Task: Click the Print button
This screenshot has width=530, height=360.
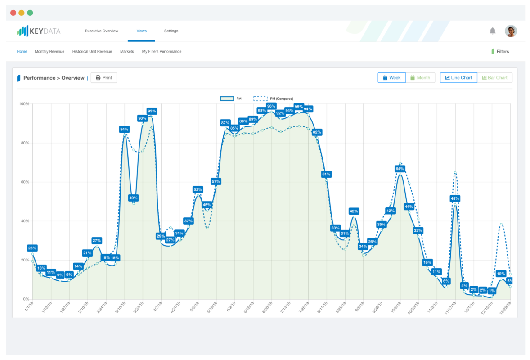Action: [x=104, y=78]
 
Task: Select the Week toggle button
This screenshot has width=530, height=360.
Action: [x=391, y=78]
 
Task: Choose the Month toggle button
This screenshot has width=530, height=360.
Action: [x=420, y=78]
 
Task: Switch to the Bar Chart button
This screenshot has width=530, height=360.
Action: [x=494, y=78]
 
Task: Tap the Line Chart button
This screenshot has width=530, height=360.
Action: [x=458, y=78]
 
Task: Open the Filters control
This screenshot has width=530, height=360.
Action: [x=500, y=52]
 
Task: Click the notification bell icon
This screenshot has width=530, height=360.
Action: [x=493, y=31]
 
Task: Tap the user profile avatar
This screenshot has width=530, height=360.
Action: [x=511, y=31]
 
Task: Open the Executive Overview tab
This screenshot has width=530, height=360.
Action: [x=102, y=31]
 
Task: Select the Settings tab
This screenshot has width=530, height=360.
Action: [x=171, y=31]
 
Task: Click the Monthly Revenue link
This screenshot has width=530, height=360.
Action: [x=49, y=52]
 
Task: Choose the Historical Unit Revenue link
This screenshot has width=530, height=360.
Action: [x=92, y=52]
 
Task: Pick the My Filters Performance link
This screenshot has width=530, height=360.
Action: [x=162, y=52]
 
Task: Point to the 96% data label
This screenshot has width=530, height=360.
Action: [x=271, y=106]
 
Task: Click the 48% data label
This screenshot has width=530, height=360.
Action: [x=455, y=198]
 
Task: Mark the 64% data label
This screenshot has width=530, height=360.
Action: [x=400, y=169]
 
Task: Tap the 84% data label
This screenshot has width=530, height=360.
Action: [x=124, y=129]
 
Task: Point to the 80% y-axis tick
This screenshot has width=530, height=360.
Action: [x=24, y=143]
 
